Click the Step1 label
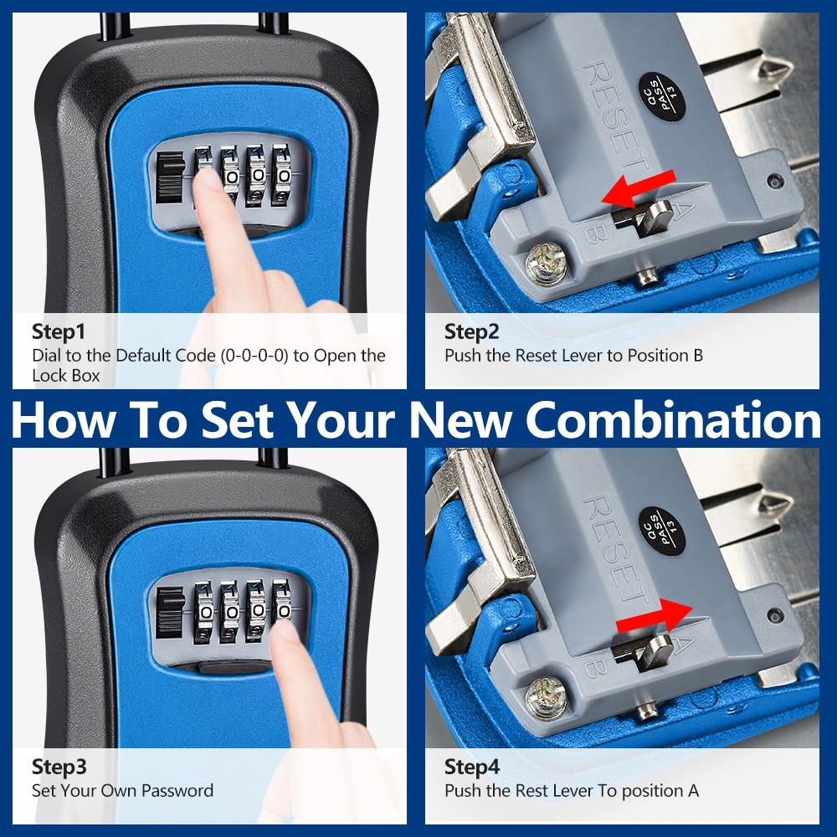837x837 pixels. click(x=59, y=331)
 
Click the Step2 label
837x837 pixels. click(x=471, y=332)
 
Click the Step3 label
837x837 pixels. click(x=59, y=767)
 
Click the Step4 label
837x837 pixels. click(x=471, y=767)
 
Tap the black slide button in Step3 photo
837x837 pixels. click(x=171, y=613)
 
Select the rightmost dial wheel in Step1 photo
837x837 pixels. click(x=284, y=176)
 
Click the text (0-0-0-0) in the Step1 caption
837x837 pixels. click(x=254, y=356)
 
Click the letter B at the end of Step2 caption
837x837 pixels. click(x=697, y=356)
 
